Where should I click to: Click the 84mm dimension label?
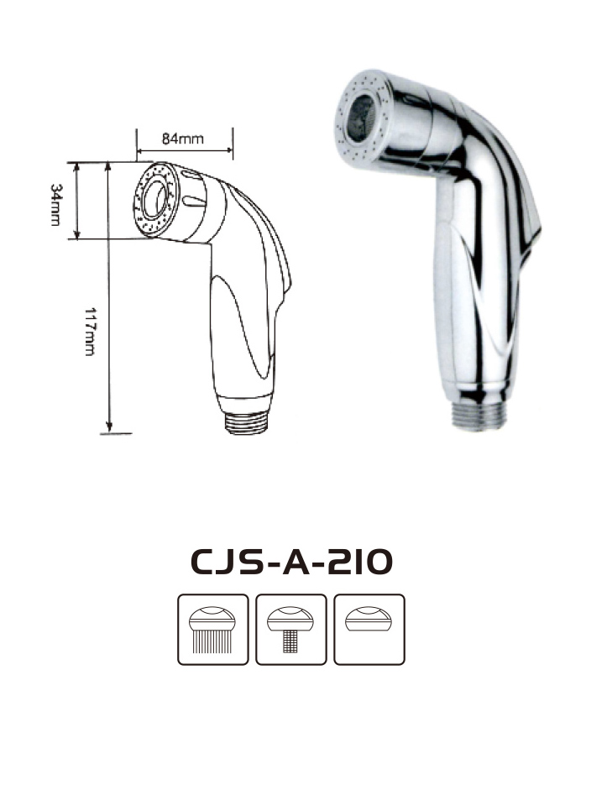click(x=182, y=139)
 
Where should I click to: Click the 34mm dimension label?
click(x=55, y=205)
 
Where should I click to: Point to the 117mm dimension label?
click(x=90, y=332)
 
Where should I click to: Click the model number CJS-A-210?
click(x=291, y=562)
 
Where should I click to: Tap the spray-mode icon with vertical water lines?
click(x=212, y=630)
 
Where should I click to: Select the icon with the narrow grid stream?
click(x=290, y=630)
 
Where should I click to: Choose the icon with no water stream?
click(x=369, y=630)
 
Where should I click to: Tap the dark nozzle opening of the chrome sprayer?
click(x=360, y=118)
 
